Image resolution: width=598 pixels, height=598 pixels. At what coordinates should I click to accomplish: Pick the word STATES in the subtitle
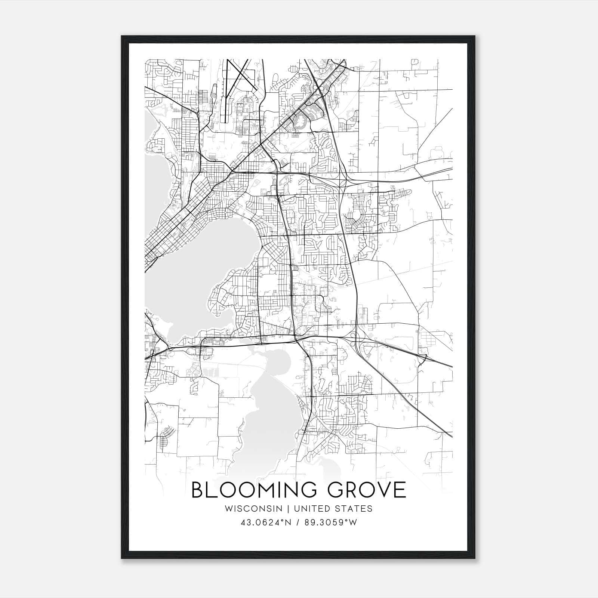pos(354,509)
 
